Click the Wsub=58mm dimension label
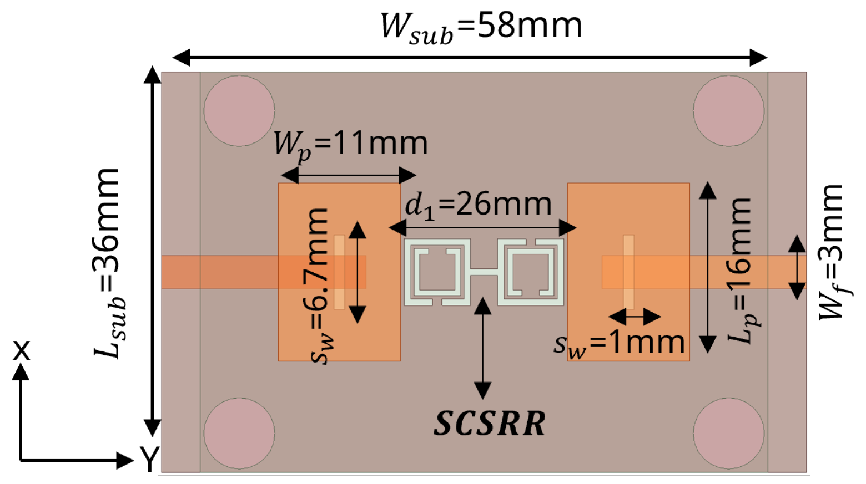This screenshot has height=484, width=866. coord(481,27)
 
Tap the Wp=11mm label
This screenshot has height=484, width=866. coord(350,144)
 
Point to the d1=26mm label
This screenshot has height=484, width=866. coord(479,205)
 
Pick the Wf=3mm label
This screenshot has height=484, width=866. coord(832,252)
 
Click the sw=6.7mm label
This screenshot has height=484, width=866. coord(322,286)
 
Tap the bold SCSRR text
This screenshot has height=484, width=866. coord(490,424)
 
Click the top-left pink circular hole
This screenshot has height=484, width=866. coord(239,111)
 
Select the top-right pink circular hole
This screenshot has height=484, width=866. coord(728,111)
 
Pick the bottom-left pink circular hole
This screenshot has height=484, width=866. coord(239,433)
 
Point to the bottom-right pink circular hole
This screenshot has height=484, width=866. coord(728,433)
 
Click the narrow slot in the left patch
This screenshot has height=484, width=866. coord(339,272)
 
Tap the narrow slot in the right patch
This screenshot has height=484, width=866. coord(628,272)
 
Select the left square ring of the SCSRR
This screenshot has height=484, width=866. coord(437,272)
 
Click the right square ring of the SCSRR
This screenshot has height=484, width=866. coord(531,272)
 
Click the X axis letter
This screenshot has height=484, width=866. coord(21,350)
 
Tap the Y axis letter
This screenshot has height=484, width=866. coord(149,459)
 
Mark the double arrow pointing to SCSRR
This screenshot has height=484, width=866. coord(483,348)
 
